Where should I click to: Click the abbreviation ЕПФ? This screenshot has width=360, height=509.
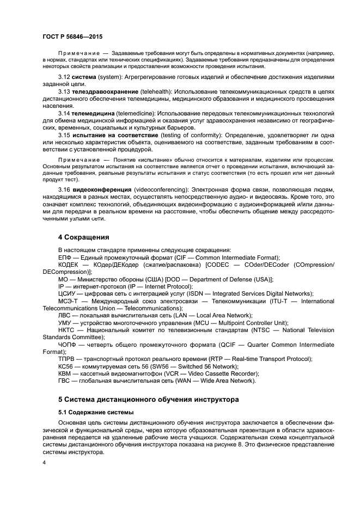(65, 257)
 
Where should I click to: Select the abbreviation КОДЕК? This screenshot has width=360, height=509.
(68, 265)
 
